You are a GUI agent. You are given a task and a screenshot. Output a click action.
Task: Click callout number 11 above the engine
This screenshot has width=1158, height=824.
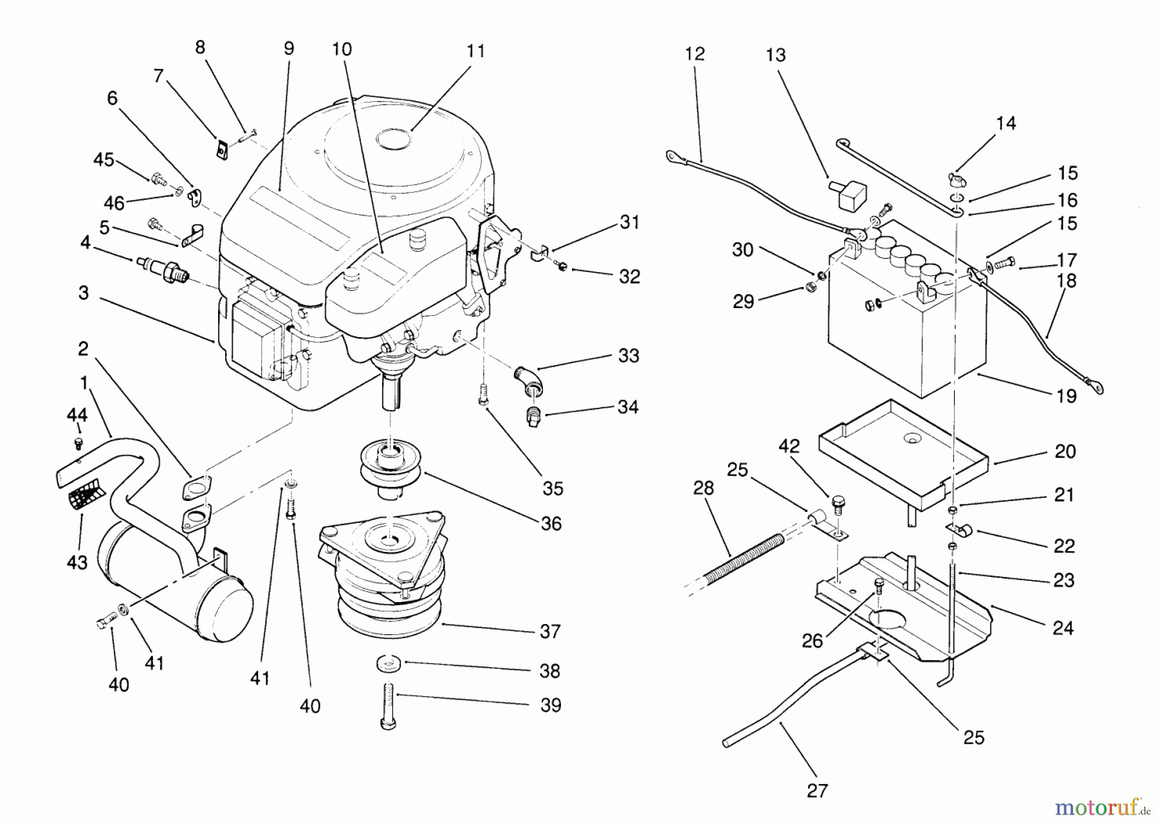tap(475, 51)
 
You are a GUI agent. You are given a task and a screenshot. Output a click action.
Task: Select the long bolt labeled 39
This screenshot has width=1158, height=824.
tap(389, 705)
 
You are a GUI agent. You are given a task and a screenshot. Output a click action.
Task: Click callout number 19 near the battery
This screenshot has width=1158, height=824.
tap(1066, 396)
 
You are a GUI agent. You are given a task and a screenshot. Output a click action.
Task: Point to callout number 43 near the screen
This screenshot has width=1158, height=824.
tap(77, 563)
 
